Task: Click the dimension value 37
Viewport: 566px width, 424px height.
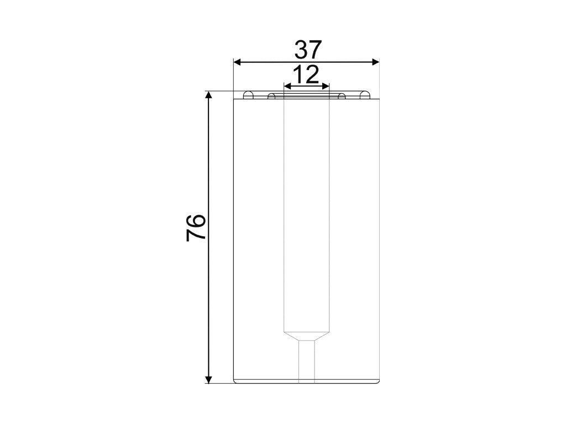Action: click(x=307, y=50)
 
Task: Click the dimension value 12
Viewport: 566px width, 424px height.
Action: click(x=306, y=75)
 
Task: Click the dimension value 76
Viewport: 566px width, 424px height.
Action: click(x=196, y=227)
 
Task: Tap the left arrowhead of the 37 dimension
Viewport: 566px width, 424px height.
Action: click(x=237, y=62)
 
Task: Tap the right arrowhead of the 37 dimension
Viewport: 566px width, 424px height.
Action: click(x=376, y=62)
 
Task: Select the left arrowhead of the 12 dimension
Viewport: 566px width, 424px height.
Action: click(x=287, y=86)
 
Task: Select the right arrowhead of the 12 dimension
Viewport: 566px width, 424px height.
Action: click(x=326, y=86)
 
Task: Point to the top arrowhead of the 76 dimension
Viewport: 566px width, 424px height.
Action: click(x=208, y=95)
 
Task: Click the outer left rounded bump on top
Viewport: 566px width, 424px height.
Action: click(x=248, y=95)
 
